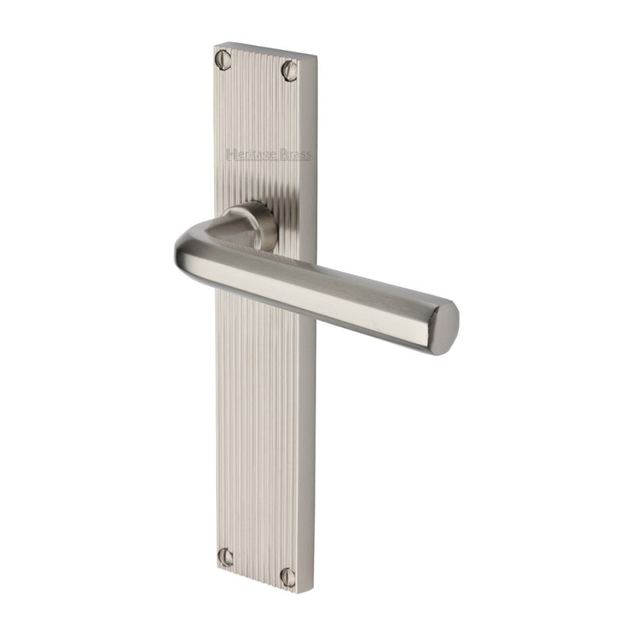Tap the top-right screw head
pyautogui.click(x=289, y=71)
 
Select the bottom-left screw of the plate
pyautogui.click(x=226, y=557)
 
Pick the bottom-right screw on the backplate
pyautogui.click(x=288, y=577)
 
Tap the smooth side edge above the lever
pyautogui.click(x=313, y=158)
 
